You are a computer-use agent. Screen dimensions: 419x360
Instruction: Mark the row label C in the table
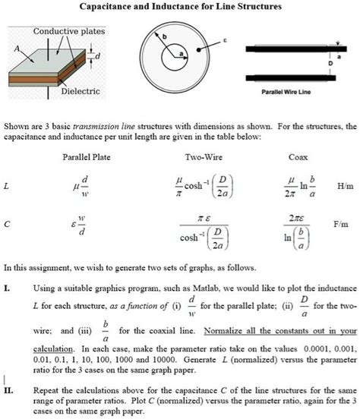pyautogui.click(x=6, y=225)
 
